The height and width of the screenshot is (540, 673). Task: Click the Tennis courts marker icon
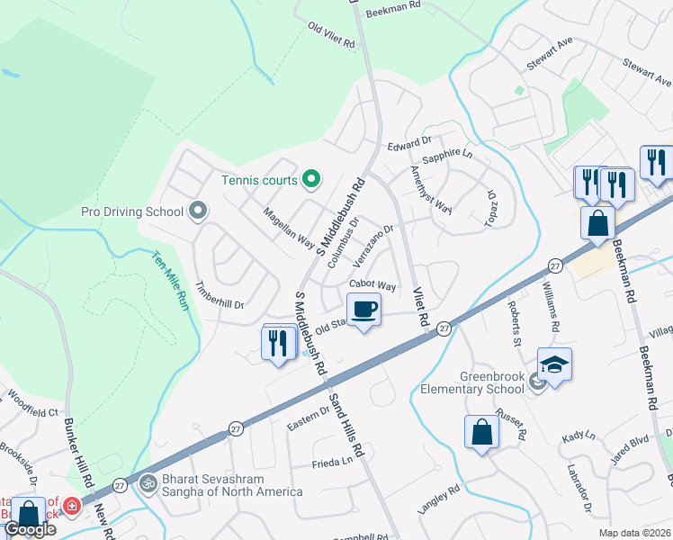coord(311,180)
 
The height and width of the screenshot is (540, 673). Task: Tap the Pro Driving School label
coord(132,212)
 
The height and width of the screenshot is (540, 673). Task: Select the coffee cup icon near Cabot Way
coord(363,310)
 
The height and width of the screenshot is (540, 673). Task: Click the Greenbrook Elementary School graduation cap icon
coord(554,364)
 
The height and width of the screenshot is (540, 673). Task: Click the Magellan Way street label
coord(288,229)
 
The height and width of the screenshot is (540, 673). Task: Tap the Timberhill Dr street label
coord(220,298)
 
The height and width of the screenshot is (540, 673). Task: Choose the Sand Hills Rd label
coord(345,423)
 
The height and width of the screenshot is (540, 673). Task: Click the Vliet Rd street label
coord(417,307)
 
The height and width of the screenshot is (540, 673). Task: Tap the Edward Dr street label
coord(410,144)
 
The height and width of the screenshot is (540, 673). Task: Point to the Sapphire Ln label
coord(447,155)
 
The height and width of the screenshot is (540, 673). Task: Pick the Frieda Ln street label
coord(333,461)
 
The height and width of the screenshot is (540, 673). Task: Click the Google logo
coord(31,530)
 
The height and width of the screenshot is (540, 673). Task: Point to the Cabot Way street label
coord(373,286)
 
